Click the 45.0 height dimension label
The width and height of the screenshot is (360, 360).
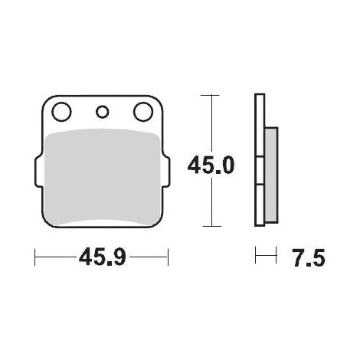click(x=211, y=165)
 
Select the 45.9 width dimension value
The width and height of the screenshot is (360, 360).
click(x=103, y=257)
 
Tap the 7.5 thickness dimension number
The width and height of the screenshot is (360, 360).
click(x=309, y=258)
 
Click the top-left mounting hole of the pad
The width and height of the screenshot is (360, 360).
click(x=61, y=112)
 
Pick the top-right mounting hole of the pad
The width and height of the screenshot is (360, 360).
click(x=143, y=112)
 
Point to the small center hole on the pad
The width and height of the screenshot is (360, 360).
click(x=103, y=112)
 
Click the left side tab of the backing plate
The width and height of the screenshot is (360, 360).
click(x=38, y=171)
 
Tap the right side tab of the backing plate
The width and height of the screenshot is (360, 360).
click(x=165, y=171)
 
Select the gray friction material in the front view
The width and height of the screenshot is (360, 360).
click(x=103, y=178)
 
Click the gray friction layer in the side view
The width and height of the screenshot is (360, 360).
click(x=271, y=175)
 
